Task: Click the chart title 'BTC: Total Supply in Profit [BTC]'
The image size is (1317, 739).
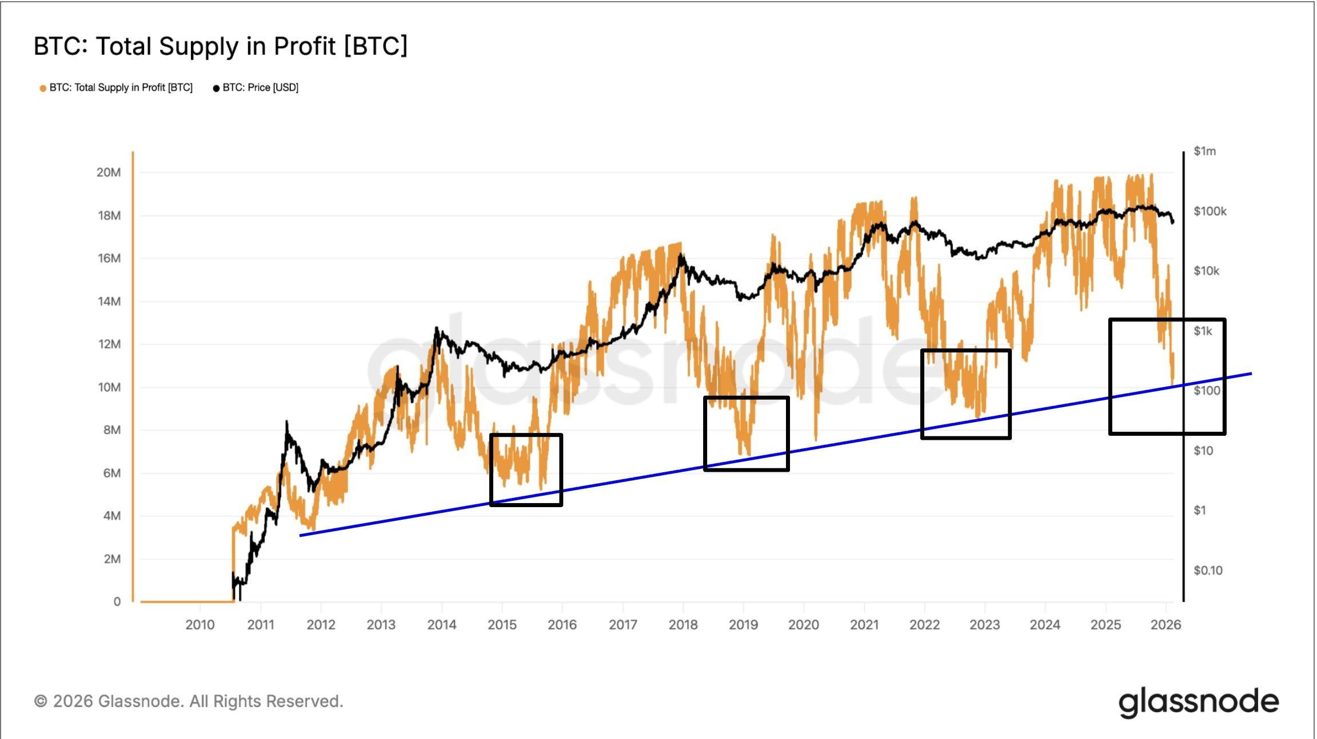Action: (221, 46)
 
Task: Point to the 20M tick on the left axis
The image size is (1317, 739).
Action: (109, 172)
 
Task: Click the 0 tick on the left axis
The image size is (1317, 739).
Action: (117, 601)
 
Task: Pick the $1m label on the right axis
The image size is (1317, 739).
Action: (1204, 151)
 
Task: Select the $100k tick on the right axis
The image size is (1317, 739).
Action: (1210, 211)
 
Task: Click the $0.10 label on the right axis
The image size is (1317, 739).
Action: (1208, 570)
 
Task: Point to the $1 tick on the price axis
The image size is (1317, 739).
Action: (1200, 510)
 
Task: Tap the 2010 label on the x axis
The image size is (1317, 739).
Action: (200, 625)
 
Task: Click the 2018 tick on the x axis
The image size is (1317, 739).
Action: (683, 625)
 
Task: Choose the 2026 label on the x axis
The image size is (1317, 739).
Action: (1166, 625)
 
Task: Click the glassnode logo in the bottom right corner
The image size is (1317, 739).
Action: (1198, 702)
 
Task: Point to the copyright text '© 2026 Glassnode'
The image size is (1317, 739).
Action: (189, 701)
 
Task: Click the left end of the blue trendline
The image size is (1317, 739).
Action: (301, 535)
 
